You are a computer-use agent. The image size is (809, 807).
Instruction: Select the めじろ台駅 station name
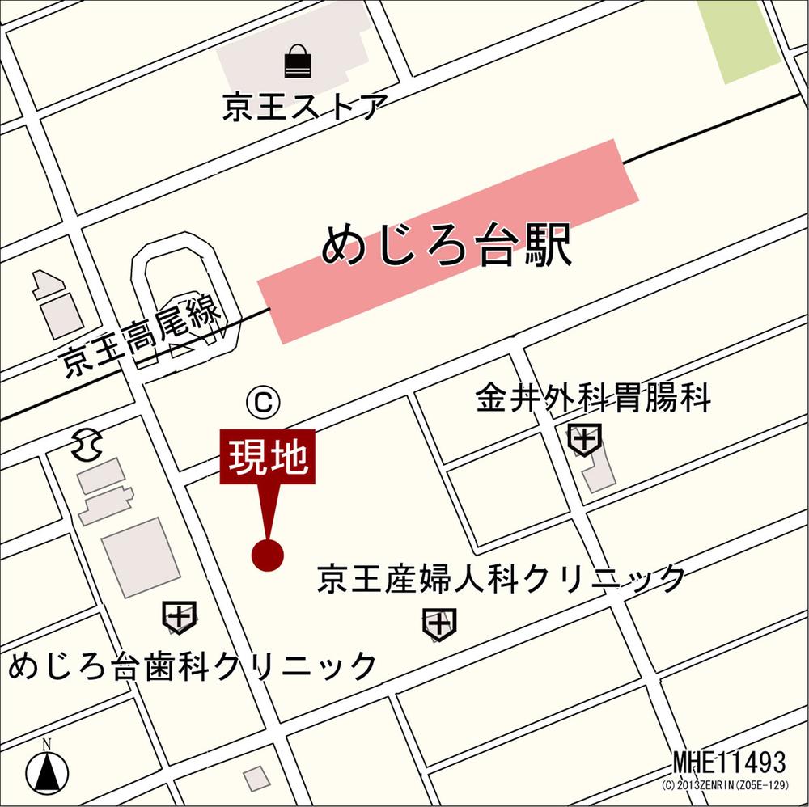tap(447, 245)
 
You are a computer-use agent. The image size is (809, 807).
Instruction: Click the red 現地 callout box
tap(267, 458)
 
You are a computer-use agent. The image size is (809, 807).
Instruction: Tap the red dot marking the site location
tap(267, 555)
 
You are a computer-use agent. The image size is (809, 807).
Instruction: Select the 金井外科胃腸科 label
tap(593, 399)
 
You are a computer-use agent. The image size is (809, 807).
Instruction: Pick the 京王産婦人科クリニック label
tap(502, 579)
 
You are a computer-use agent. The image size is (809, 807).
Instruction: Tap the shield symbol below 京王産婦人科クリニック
tap(438, 623)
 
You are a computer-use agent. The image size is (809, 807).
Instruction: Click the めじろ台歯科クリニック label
tap(193, 666)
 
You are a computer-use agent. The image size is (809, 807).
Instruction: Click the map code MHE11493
tap(729, 762)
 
